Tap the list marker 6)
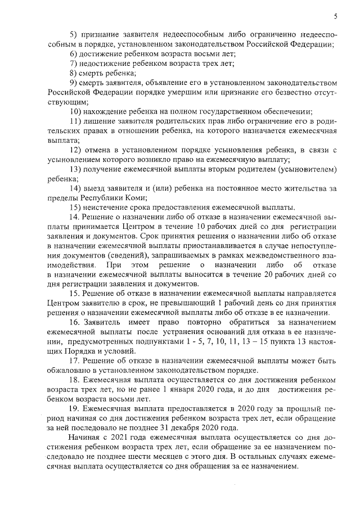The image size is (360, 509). click(x=74, y=54)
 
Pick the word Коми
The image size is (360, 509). click(x=136, y=197)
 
